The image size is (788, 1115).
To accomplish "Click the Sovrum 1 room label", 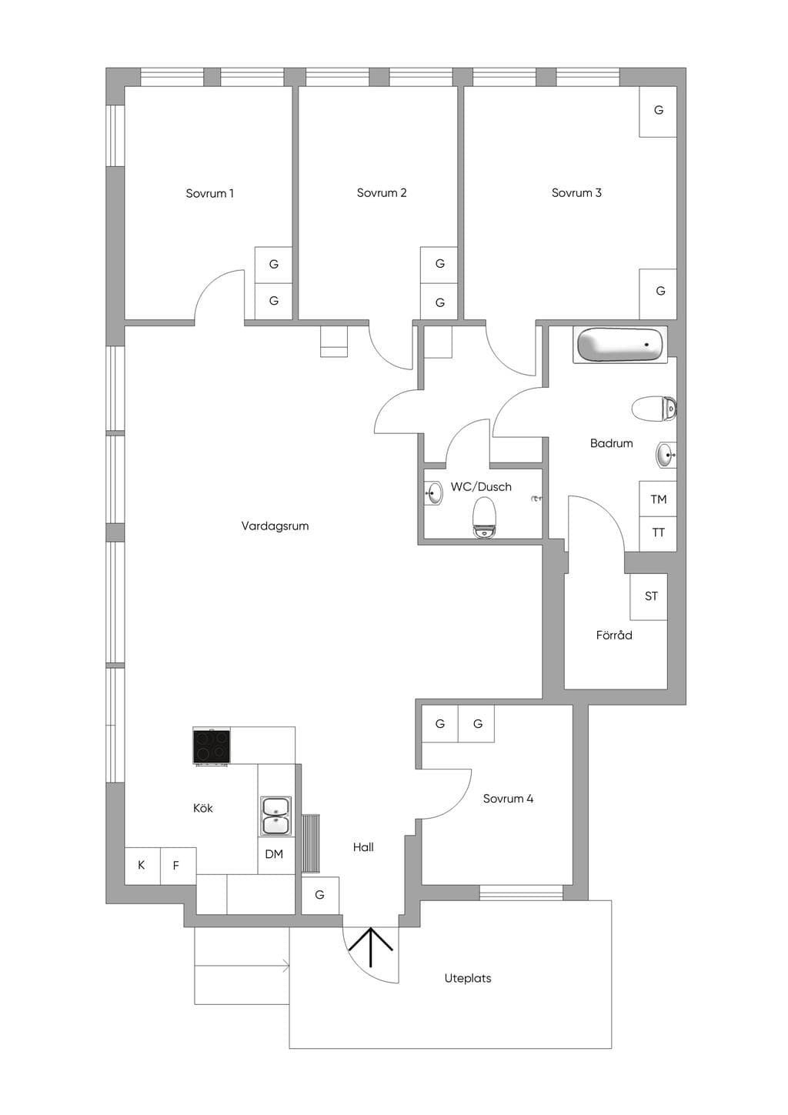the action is pyautogui.click(x=209, y=193).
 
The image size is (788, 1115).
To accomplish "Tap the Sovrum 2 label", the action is pyautogui.click(x=382, y=192).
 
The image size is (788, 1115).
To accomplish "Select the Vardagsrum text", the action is pyautogui.click(x=275, y=526).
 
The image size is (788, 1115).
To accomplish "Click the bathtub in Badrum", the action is pyautogui.click(x=620, y=345).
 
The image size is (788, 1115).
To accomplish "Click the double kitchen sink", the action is pyautogui.click(x=275, y=816).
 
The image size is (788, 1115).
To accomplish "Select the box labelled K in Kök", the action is pyautogui.click(x=142, y=866).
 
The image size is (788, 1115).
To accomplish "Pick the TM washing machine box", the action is pyautogui.click(x=658, y=499).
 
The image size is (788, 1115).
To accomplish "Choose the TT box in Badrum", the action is pyautogui.click(x=658, y=533).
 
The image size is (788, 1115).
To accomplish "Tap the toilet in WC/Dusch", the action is pyautogui.click(x=484, y=518).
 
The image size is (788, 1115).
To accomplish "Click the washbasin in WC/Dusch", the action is pyautogui.click(x=433, y=492).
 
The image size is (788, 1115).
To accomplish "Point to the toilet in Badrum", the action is pyautogui.click(x=654, y=409).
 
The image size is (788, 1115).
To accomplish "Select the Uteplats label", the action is pyautogui.click(x=467, y=978).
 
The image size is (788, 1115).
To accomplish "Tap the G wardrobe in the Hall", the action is pyautogui.click(x=320, y=895).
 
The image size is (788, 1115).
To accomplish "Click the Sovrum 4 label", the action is pyautogui.click(x=508, y=799).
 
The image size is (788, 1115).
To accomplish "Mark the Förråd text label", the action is pyautogui.click(x=614, y=635).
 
